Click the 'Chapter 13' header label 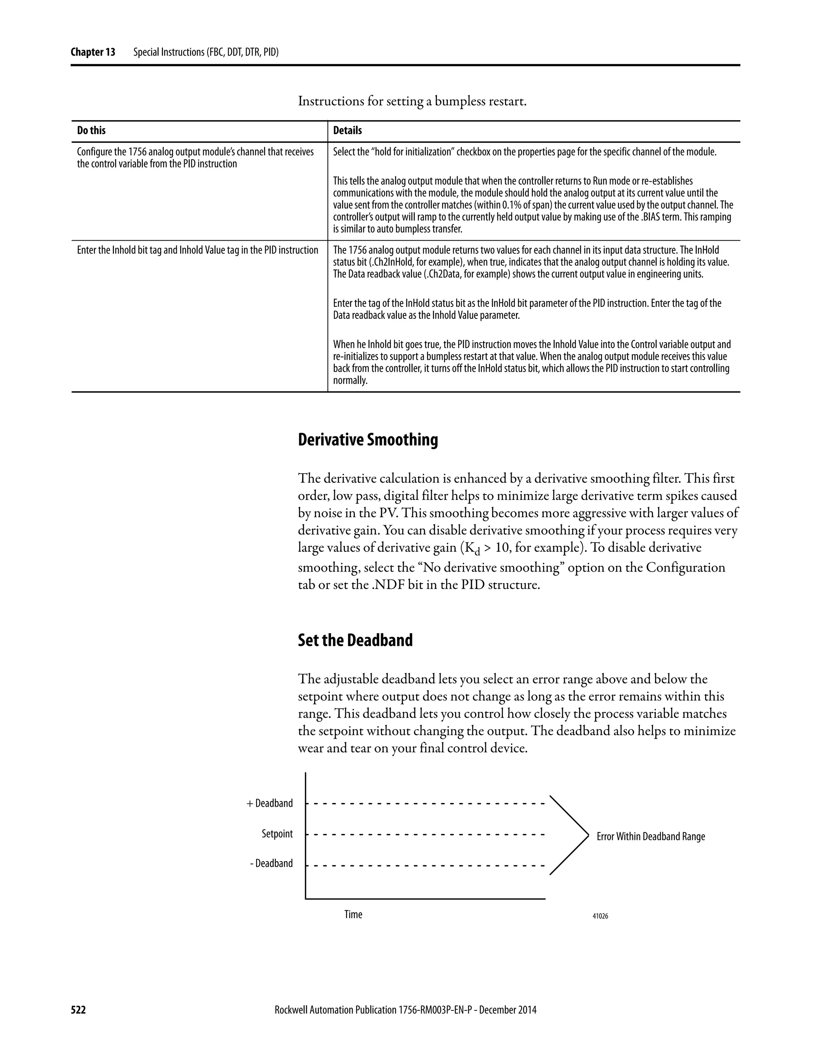pos(92,52)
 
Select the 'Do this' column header pos(91,131)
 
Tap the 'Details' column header pos(347,131)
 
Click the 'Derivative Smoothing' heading pos(368,440)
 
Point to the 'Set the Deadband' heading pos(355,640)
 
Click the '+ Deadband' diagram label pos(270,803)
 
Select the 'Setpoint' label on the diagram pos(277,834)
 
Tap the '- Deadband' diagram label pos(271,863)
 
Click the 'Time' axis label pos(353,914)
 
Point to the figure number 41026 pos(600,916)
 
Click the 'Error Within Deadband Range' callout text pos(651,837)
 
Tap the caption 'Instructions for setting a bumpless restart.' pos(412,101)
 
